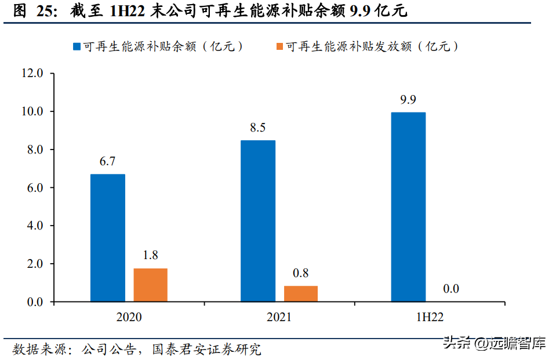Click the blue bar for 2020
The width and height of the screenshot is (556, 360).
coord(108,238)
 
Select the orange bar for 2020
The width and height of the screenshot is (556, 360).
coord(150,285)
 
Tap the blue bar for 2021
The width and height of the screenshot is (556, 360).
coord(258,221)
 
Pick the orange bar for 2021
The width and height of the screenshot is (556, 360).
coord(300,294)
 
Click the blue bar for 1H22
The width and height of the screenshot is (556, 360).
coord(408,207)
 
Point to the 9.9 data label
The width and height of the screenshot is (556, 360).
coord(408,100)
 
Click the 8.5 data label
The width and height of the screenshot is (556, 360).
coord(258,128)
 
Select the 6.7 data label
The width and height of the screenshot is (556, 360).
coord(107,162)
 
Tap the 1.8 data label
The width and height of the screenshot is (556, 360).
coord(150,256)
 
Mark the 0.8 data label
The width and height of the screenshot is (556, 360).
coord(300,273)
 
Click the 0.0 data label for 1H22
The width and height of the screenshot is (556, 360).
coord(451,289)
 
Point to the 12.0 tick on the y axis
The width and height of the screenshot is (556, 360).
coord(32,74)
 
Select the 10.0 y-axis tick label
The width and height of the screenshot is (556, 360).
coord(32,111)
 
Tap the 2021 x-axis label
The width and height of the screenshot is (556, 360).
coord(279,317)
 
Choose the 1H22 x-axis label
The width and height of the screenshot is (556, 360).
coord(430,317)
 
